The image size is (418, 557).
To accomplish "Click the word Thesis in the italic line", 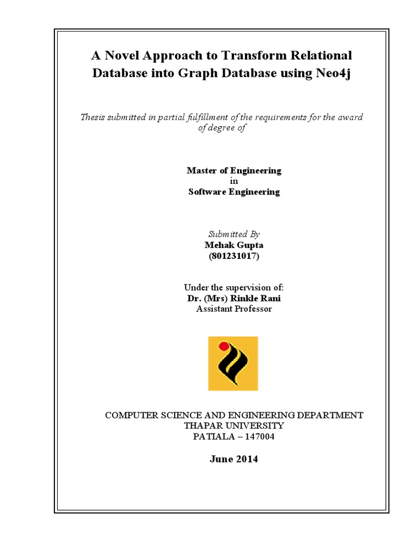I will tap(94, 117).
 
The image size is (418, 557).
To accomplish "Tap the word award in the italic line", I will tap(351, 117).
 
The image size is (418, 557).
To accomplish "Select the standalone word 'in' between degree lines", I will tap(234, 181).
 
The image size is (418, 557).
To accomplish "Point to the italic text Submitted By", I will tap(234, 234).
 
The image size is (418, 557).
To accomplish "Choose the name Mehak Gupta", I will tap(234, 245).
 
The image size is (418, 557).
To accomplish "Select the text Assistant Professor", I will tap(234, 309).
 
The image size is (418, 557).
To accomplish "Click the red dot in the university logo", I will tap(223, 345).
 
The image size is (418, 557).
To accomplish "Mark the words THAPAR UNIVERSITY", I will tap(234, 425).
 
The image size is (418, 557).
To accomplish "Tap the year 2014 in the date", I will tap(247, 459).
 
